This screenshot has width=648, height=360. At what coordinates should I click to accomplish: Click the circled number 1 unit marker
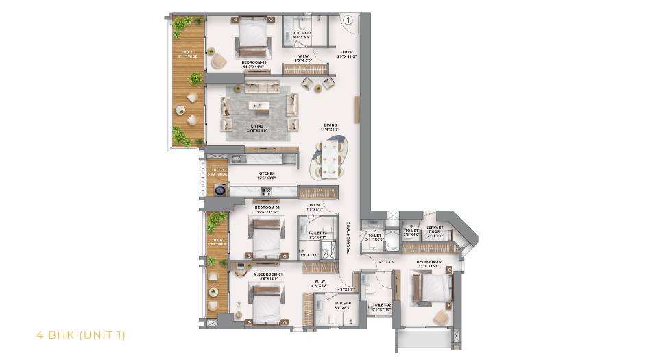pos(348,21)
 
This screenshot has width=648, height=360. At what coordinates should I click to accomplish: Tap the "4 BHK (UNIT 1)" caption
pos(80,335)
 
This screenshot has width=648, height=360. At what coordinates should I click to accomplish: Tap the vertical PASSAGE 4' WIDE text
pos(348,237)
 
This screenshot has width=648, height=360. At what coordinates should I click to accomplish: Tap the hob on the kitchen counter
pos(266,192)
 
